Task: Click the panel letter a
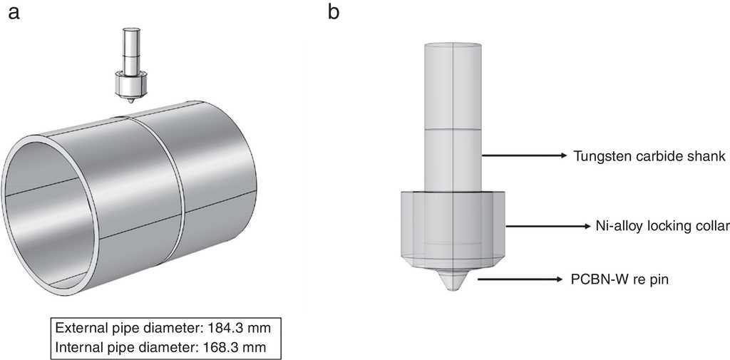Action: click(x=14, y=13)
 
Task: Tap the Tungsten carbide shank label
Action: click(x=649, y=157)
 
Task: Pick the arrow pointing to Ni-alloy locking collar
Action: click(x=547, y=227)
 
